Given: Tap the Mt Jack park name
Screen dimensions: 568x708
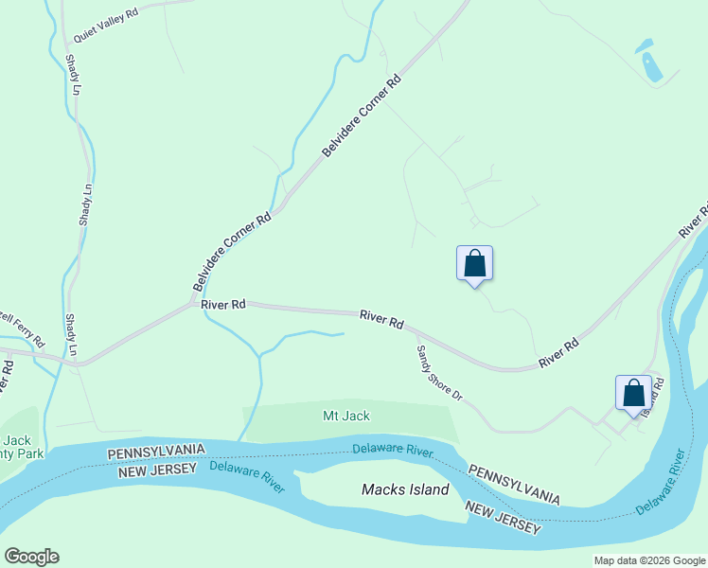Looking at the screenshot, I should click(x=346, y=416).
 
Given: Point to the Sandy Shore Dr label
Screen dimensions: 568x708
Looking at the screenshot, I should click(x=438, y=372).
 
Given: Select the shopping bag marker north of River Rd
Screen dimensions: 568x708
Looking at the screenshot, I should click(x=474, y=264).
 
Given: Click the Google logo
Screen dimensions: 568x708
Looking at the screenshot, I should click(x=31, y=557).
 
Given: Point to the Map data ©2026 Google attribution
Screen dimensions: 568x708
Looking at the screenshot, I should click(x=649, y=560).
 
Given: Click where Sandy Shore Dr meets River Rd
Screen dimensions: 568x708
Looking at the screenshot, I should click(x=415, y=334).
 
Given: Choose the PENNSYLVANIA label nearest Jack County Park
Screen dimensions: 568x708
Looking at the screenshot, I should click(x=155, y=453).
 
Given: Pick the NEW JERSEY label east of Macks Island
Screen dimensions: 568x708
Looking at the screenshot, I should click(x=503, y=519).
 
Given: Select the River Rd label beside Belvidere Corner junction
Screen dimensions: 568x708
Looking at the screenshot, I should click(x=223, y=304).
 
